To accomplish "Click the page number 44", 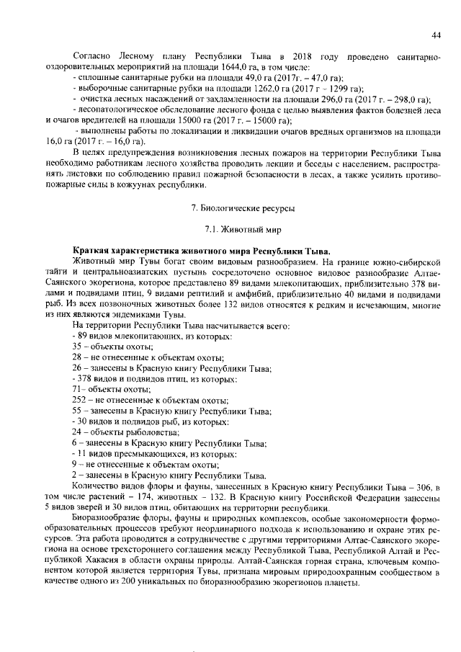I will click(x=436, y=35).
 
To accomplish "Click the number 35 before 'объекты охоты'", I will click(x=79, y=347).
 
